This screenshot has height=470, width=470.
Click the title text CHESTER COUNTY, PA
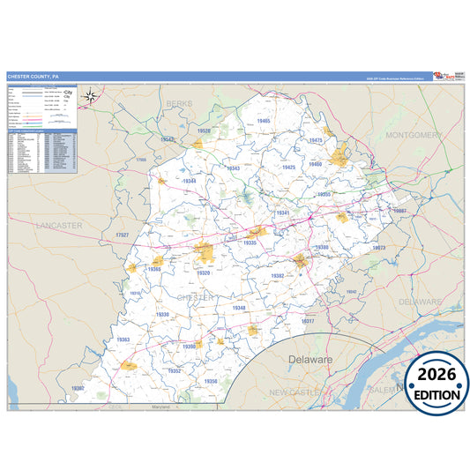click(34, 77)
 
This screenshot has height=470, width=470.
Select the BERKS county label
click(179, 103)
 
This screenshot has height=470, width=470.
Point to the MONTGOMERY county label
click(413, 135)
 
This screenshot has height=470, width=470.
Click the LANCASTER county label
click(59, 226)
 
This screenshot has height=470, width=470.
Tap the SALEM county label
click(382, 389)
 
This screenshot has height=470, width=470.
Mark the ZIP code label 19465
click(264, 121)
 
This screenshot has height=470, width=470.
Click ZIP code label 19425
click(288, 167)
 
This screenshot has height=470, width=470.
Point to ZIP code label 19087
click(399, 212)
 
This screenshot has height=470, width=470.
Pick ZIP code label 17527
click(122, 235)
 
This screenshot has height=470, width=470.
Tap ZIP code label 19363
click(123, 339)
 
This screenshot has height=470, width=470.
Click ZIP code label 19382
click(278, 276)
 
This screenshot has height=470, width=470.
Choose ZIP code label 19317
click(308, 321)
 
